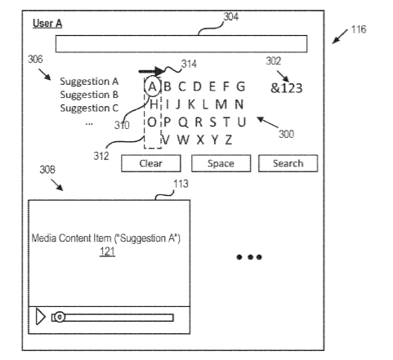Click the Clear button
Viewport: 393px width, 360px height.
[151, 163]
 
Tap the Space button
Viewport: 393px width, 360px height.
[221, 163]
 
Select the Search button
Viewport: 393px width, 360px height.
[288, 163]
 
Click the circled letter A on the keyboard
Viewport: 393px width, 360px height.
[152, 87]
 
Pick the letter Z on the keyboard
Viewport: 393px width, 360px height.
[228, 140]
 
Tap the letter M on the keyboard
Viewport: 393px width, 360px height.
[221, 104]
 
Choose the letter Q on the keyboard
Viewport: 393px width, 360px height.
[183, 122]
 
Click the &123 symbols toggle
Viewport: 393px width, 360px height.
[286, 88]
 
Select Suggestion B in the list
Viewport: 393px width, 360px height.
[89, 95]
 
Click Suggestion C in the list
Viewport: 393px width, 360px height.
[89, 108]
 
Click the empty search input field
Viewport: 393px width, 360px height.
[181, 43]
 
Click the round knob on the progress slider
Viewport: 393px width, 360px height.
[59, 317]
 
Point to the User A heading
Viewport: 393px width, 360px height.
[47, 24]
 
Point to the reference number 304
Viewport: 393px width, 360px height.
[231, 17]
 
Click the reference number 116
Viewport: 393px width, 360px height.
[359, 29]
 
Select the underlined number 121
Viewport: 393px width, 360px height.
[107, 251]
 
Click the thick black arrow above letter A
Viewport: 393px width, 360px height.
[152, 72]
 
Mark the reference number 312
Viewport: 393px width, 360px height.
[101, 156]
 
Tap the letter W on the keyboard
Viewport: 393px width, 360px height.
[183, 140]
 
